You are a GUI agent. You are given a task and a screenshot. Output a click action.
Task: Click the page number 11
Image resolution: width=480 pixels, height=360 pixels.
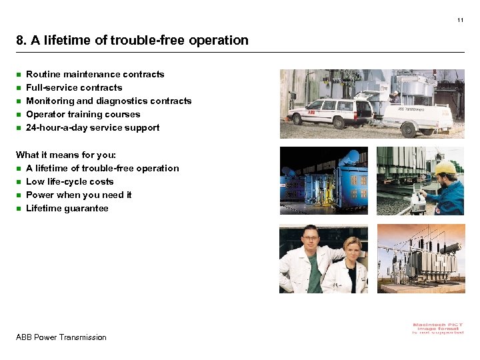tap(460, 21)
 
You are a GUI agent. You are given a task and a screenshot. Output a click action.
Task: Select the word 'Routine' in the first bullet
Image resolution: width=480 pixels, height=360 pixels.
tap(43, 74)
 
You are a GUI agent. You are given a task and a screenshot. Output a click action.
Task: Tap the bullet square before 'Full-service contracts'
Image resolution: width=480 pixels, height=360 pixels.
tap(19, 88)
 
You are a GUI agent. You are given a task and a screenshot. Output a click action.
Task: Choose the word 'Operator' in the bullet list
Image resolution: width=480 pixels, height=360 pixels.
tap(45, 115)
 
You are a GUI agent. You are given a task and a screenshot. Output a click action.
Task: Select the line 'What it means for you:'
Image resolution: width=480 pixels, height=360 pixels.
tap(65, 155)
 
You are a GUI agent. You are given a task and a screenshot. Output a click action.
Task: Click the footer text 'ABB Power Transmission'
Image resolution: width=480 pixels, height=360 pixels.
tap(61, 337)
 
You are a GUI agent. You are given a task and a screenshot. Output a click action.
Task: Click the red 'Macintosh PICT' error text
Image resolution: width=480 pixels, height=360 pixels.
tap(437, 327)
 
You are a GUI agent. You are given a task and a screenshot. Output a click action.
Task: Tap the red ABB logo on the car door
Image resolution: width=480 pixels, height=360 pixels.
tap(311, 113)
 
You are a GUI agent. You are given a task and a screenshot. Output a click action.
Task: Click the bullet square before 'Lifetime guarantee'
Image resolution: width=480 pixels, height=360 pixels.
tap(19, 209)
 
